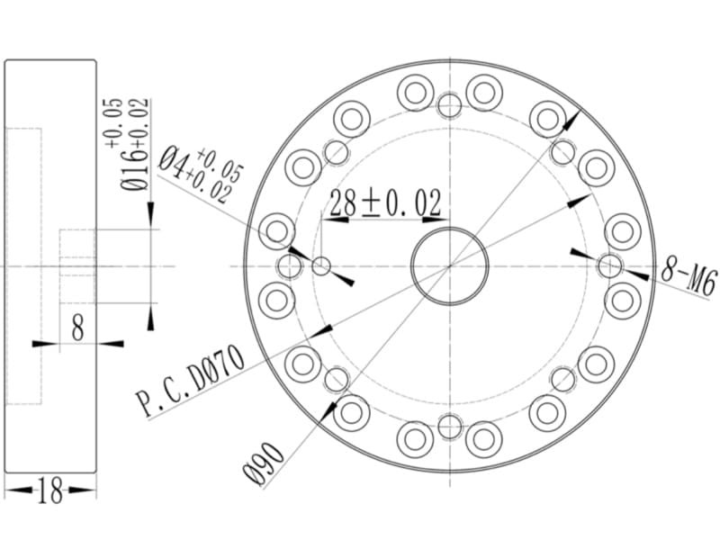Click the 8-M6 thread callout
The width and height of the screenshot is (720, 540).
tap(688, 277)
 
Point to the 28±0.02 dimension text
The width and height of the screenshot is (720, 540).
tap(385, 203)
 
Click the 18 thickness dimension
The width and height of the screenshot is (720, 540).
tap(50, 490)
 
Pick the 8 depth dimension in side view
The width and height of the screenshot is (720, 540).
tap(78, 328)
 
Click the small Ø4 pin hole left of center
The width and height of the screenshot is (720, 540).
tap(321, 266)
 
